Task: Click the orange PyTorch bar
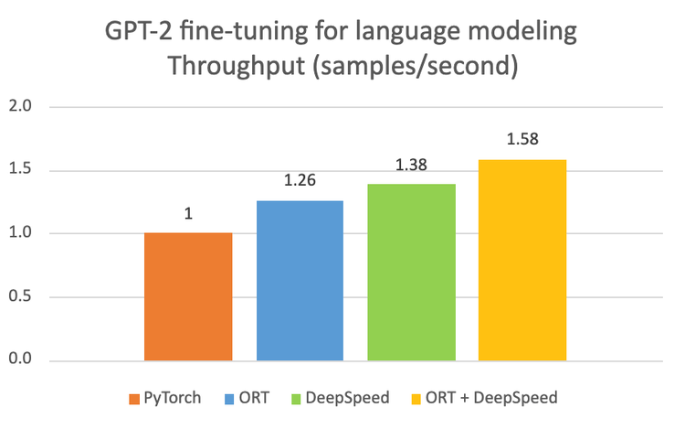point(188,296)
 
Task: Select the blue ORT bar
point(300,280)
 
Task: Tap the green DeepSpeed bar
point(411,272)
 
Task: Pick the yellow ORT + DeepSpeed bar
point(522,260)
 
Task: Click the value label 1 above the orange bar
point(188,214)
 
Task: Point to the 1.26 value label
point(300,181)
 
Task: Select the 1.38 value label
point(411,166)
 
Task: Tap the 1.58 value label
point(522,141)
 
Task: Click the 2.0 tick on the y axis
point(20,107)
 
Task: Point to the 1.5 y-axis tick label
point(20,170)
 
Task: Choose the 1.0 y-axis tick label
point(20,233)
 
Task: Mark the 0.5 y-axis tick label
point(20,296)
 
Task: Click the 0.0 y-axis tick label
point(20,360)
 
